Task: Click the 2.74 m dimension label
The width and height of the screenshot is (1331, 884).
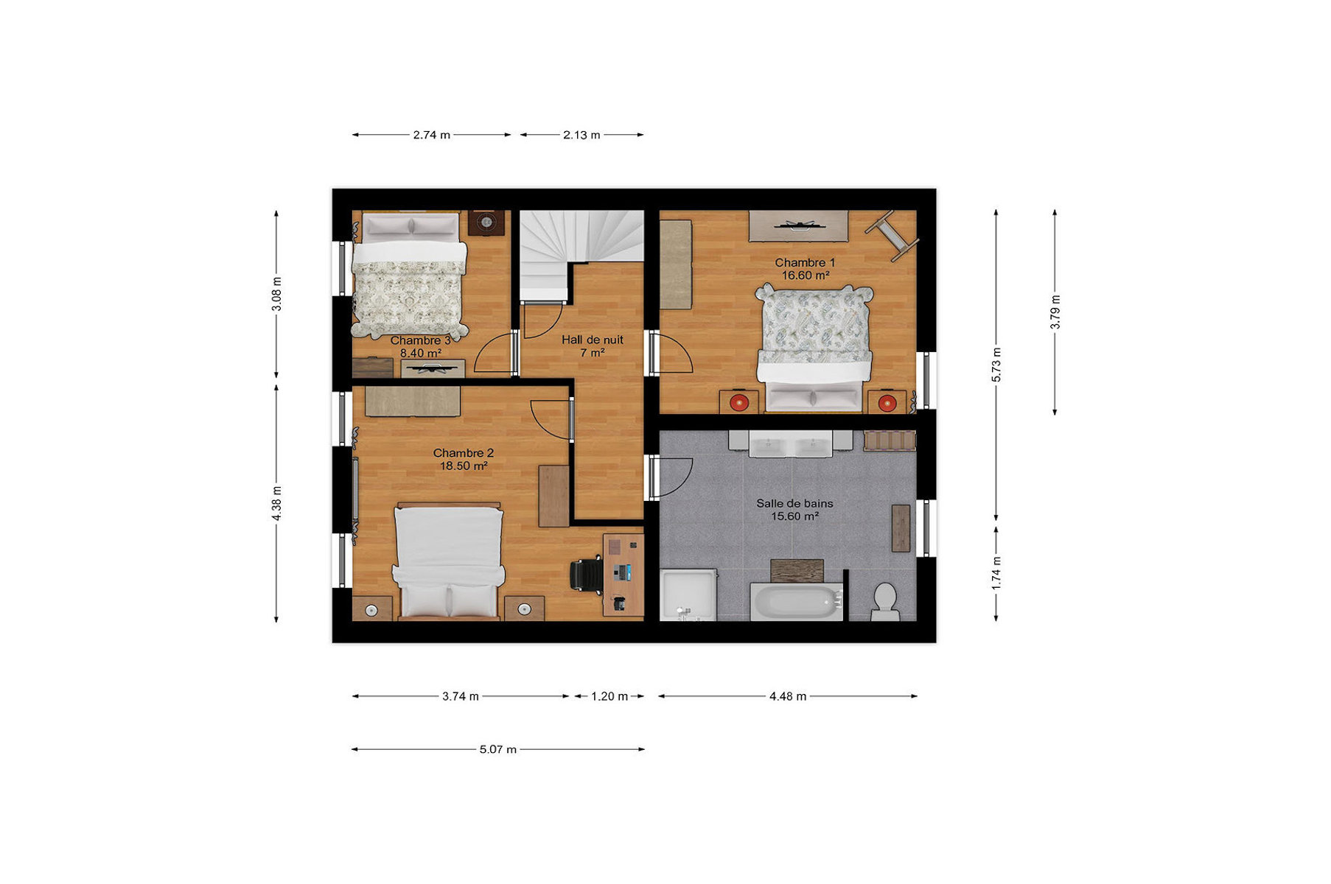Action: click(x=431, y=135)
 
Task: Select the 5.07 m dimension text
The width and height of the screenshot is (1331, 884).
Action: click(x=498, y=749)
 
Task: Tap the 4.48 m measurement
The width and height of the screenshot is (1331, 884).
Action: click(x=788, y=696)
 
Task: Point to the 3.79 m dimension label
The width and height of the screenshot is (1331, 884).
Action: click(x=1055, y=312)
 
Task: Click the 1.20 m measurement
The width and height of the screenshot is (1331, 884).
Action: click(x=609, y=696)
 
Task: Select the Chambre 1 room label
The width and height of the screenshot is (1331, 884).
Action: click(x=805, y=262)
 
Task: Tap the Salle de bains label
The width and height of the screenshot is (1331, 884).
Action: click(x=794, y=503)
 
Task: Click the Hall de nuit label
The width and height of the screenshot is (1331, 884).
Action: click(x=593, y=340)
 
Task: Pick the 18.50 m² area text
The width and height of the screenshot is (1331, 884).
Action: click(x=464, y=466)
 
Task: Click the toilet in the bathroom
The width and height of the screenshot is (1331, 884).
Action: click(x=884, y=602)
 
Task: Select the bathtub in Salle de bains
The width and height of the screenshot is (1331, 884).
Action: click(x=796, y=602)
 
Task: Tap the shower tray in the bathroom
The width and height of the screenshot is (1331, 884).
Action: click(x=688, y=594)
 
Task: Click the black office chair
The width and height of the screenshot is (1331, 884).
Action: click(x=587, y=574)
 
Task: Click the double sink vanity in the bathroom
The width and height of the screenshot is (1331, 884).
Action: click(x=791, y=443)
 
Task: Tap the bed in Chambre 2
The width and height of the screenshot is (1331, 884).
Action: click(x=449, y=561)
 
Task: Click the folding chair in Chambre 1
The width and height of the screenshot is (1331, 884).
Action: click(x=892, y=235)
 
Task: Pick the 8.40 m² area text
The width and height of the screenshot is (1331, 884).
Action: click(x=421, y=353)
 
